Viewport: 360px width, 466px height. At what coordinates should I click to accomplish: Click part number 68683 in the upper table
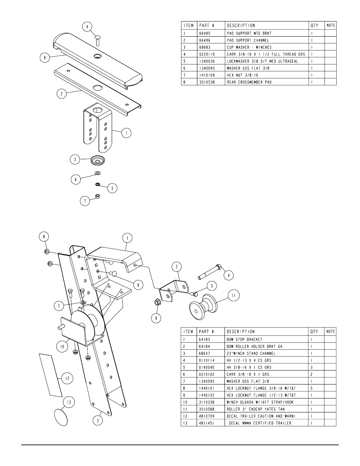coord(205,47)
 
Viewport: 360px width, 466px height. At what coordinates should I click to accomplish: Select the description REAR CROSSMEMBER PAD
coord(249,82)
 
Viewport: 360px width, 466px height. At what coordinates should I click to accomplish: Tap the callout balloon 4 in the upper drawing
coord(87,27)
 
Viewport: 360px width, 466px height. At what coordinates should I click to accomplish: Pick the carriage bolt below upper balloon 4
coord(98,40)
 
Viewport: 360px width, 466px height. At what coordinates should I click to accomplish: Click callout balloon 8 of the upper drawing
coord(45,57)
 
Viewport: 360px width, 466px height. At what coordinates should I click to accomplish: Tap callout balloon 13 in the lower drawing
coord(69,402)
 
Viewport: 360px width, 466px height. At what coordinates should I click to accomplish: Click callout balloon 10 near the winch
coord(62,346)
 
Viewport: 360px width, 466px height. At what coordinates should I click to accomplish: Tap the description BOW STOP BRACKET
coord(245,340)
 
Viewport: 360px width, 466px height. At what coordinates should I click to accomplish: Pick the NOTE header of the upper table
coord(331,25)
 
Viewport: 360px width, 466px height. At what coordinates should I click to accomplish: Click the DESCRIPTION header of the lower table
coord(241,332)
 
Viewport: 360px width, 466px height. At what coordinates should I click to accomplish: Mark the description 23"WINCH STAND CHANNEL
coord(251,354)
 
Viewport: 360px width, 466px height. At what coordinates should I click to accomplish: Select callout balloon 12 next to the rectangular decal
coord(67,378)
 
